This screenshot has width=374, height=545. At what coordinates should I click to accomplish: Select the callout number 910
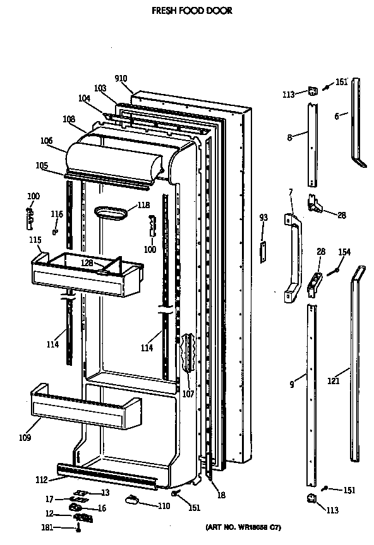click(x=121, y=78)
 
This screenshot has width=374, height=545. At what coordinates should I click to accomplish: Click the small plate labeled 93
click(x=263, y=250)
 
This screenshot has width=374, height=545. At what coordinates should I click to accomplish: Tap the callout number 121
click(x=334, y=381)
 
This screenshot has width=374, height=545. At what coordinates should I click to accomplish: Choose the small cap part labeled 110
click(x=132, y=500)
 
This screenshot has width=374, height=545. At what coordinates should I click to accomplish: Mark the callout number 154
click(x=344, y=252)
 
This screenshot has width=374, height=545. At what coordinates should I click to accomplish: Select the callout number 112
click(x=41, y=480)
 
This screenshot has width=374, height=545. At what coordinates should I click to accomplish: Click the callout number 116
click(x=57, y=215)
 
